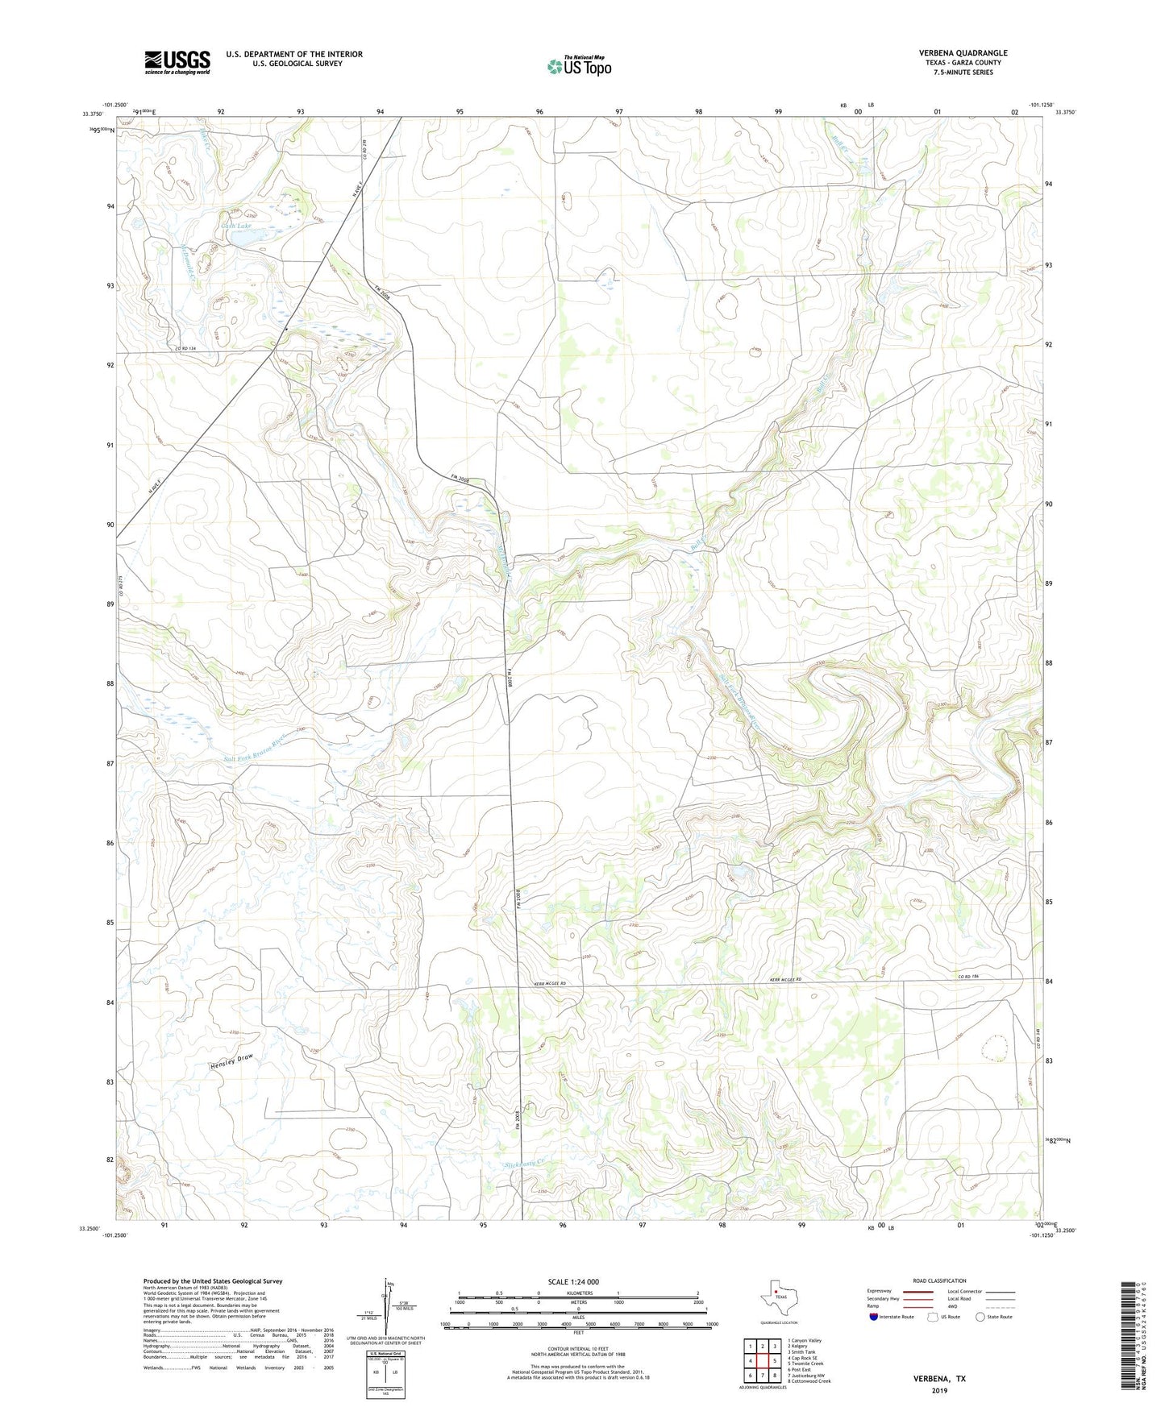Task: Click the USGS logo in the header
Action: pos(177,62)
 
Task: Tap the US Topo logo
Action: pos(579,66)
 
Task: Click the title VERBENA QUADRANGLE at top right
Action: pos(963,53)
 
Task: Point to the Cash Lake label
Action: pos(236,226)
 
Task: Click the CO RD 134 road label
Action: pos(186,348)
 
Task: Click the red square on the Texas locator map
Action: pos(776,1292)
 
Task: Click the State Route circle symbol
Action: pos(980,1317)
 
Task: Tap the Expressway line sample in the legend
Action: pos(917,1291)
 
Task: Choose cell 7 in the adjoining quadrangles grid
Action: pos(762,1375)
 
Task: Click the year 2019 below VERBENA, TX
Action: pos(939,1391)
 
